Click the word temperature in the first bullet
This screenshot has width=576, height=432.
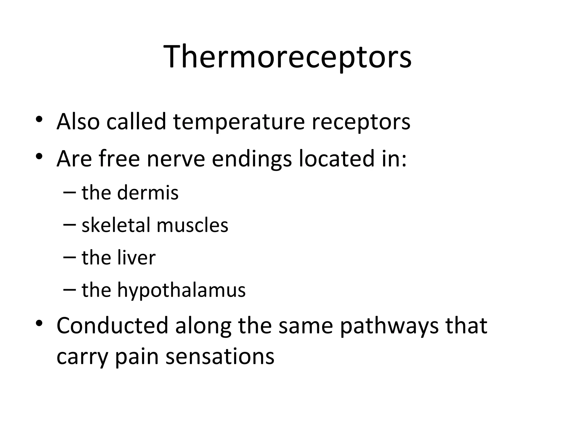coord(239,121)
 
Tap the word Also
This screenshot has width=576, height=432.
coord(78,121)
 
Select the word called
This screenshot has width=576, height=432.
coord(136,121)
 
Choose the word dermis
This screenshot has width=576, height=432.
coord(148,193)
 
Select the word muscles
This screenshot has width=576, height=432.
coord(192,225)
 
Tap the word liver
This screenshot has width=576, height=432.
coord(136,257)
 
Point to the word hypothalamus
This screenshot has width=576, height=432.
coord(181,290)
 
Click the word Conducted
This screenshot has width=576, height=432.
coord(112,325)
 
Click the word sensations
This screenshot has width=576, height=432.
coord(220,357)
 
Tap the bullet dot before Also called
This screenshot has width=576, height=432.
coord(39,119)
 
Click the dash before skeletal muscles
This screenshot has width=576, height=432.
coord(69,225)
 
